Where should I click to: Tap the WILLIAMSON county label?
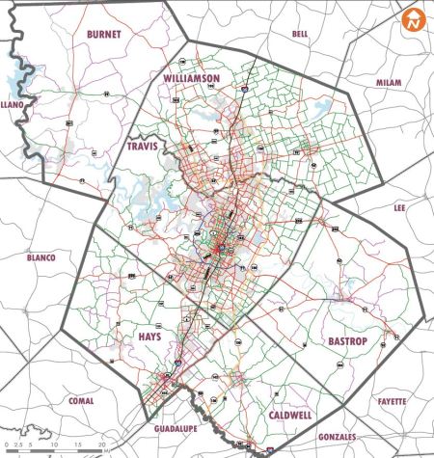192,76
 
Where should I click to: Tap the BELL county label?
299,33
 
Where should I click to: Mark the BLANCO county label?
41,258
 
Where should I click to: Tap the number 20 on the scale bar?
102,446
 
